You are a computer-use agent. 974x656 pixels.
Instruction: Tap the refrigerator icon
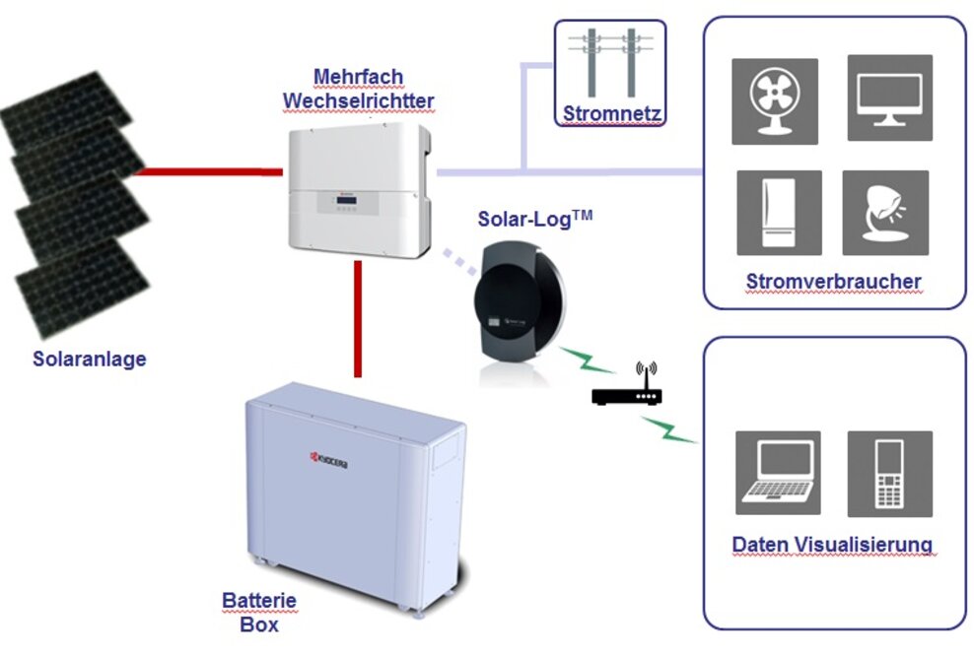coord(779,213)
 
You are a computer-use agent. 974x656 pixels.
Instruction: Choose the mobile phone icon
coord(889,473)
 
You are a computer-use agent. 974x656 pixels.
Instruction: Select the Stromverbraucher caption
coord(833,282)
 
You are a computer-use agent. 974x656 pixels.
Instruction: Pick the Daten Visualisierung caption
coord(832,545)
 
